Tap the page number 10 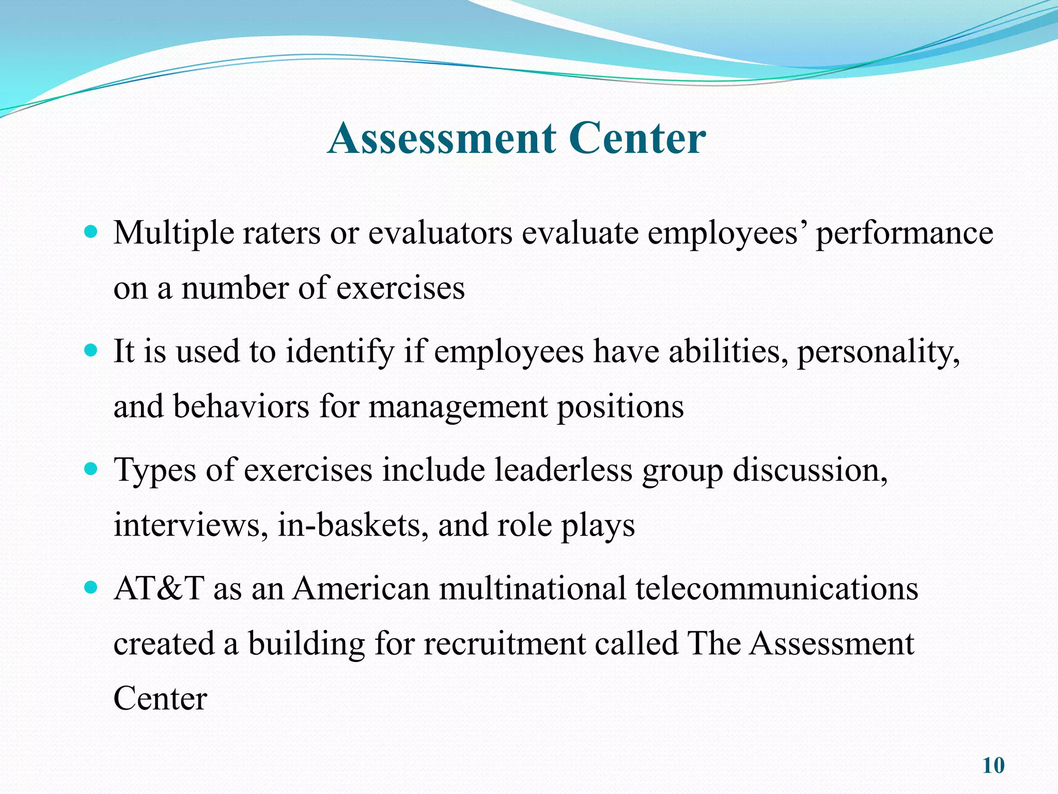point(993,766)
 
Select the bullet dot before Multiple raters point(90,233)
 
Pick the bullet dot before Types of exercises point(90,470)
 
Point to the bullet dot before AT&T point(90,588)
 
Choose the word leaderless point(564,471)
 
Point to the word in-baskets point(353,526)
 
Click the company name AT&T point(159,589)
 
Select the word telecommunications point(776,589)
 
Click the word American point(361,589)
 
